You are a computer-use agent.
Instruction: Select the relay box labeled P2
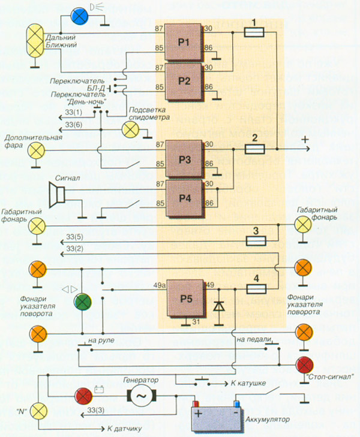coord(183,81)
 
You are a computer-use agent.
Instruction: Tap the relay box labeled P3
coord(183,159)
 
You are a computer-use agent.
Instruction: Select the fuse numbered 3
coord(255,240)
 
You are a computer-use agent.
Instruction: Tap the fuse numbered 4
coord(255,288)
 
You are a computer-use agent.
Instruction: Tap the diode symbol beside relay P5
coord(219,306)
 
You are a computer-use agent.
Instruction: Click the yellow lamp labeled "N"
coord(39,411)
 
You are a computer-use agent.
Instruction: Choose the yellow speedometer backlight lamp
coord(130,129)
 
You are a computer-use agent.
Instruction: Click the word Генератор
coord(140,380)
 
